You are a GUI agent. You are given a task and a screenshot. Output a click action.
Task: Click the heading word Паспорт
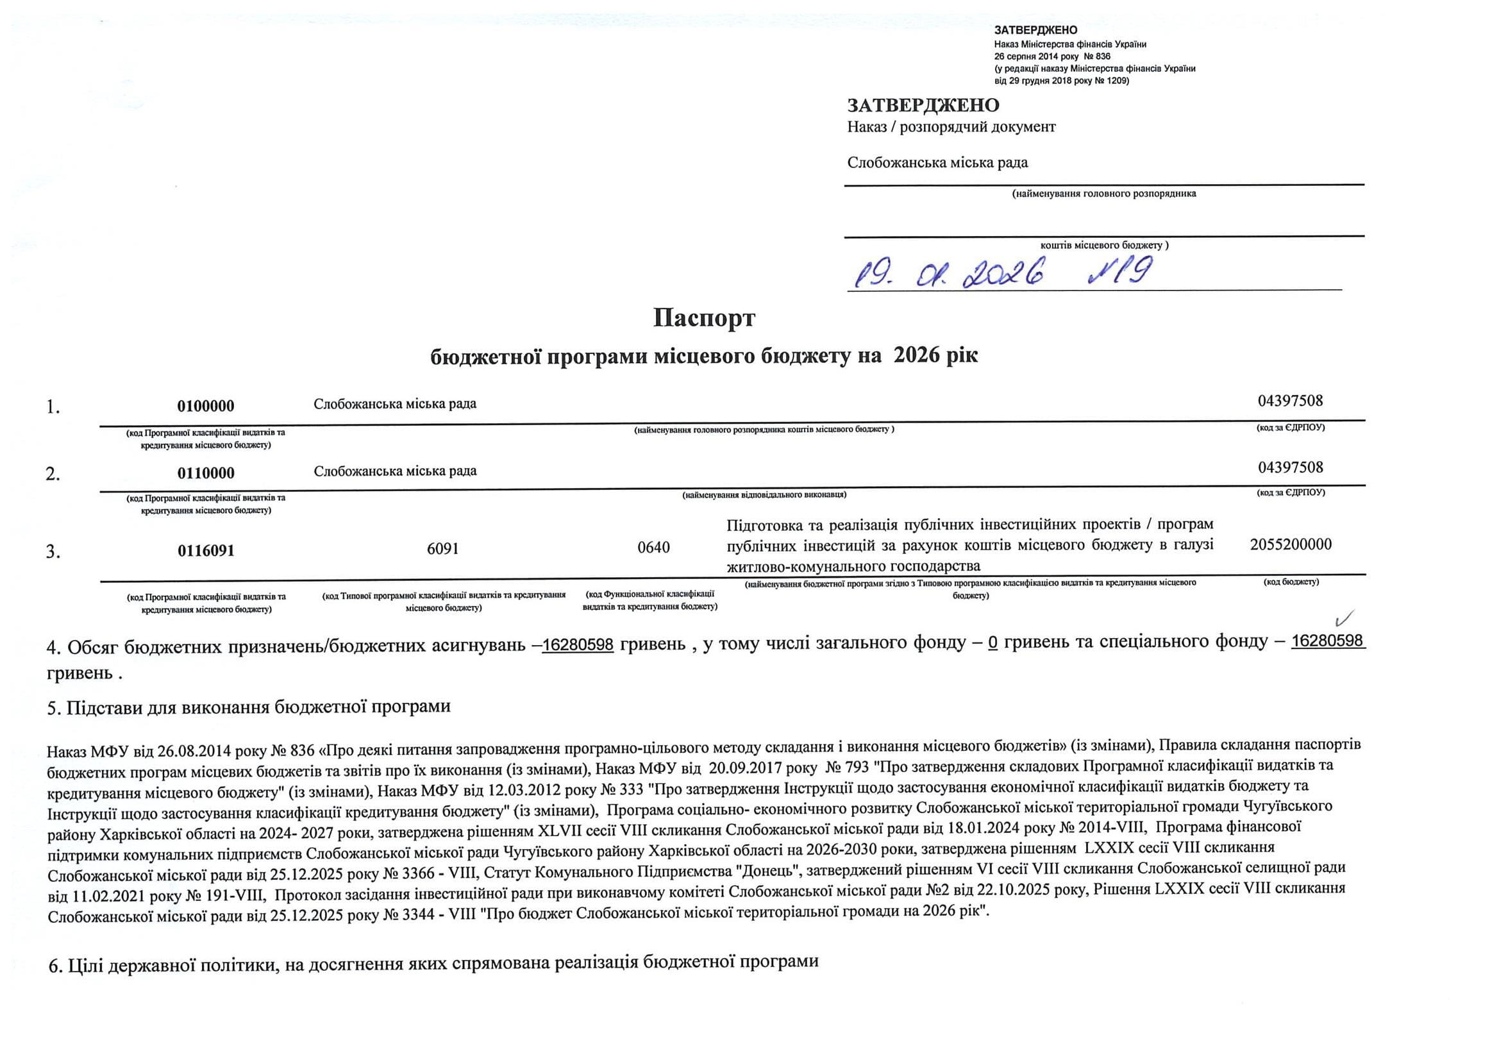click(x=704, y=318)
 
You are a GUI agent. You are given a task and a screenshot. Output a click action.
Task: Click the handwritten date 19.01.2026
click(x=950, y=274)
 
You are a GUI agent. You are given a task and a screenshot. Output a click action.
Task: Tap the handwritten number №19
click(x=1120, y=271)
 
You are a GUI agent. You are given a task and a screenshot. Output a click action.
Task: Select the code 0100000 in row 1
click(x=206, y=406)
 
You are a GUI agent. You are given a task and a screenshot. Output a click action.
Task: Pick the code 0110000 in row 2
click(x=206, y=473)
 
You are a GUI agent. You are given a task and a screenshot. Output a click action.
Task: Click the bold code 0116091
click(x=206, y=551)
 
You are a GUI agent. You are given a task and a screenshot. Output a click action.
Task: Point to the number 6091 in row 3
click(x=442, y=549)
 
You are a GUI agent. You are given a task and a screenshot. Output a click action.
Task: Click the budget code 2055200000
click(x=1291, y=544)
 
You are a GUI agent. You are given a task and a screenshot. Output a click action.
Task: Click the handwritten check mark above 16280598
click(x=1346, y=616)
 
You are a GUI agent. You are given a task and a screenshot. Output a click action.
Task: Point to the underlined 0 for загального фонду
click(x=993, y=643)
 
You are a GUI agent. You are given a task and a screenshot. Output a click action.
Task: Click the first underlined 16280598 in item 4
click(x=578, y=644)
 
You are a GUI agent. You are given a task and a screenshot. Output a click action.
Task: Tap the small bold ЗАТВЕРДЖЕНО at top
click(x=1035, y=30)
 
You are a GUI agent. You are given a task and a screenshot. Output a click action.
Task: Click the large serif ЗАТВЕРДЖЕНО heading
click(x=923, y=105)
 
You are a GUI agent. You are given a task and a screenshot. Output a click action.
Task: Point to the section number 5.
click(x=53, y=709)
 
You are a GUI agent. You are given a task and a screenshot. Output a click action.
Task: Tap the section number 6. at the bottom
click(x=56, y=964)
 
